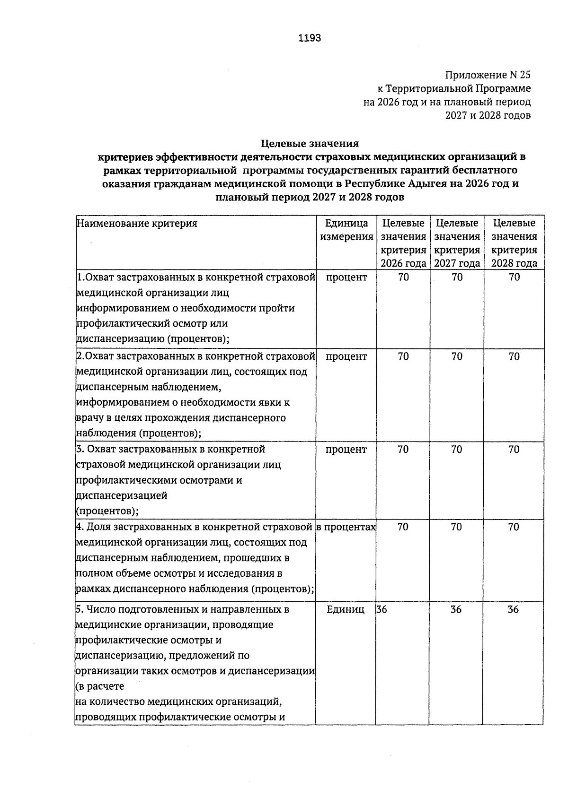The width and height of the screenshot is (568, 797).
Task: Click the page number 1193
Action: click(x=310, y=38)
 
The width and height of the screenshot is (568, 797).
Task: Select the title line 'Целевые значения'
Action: click(x=310, y=143)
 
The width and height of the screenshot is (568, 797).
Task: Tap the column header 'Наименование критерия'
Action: click(x=137, y=224)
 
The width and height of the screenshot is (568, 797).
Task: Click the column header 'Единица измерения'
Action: click(x=346, y=230)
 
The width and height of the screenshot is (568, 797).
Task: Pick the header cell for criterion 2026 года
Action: click(x=403, y=243)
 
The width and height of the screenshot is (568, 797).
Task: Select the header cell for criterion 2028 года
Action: click(x=514, y=243)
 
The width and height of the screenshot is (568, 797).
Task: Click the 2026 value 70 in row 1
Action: click(x=403, y=277)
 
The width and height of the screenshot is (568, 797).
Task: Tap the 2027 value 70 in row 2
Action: click(x=457, y=356)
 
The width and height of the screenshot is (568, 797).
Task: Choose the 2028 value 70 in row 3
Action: click(x=514, y=449)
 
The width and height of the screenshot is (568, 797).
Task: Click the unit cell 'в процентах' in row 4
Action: click(x=346, y=527)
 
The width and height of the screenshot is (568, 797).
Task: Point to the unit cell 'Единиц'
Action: click(x=346, y=609)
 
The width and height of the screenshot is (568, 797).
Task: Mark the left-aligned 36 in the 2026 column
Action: click(x=382, y=609)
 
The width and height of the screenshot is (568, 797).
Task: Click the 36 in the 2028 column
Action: click(x=513, y=609)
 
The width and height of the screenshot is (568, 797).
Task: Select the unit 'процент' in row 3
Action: click(x=346, y=449)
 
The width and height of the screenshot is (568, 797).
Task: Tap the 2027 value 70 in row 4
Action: click(x=456, y=527)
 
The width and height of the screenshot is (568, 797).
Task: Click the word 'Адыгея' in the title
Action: click(x=426, y=184)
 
